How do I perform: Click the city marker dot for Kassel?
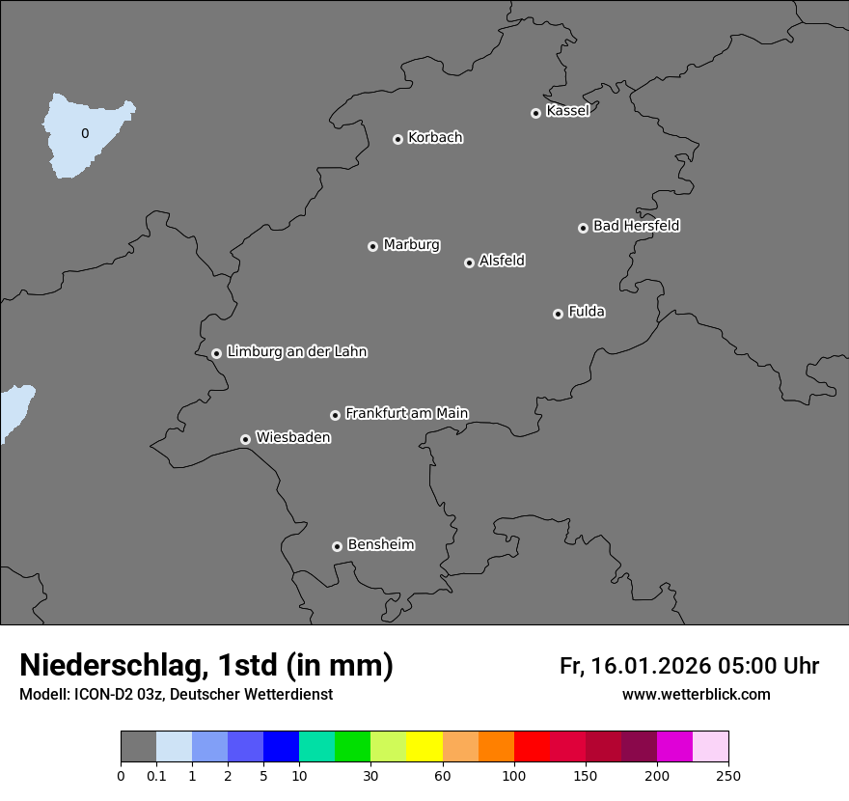[535, 114]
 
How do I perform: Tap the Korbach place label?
[435, 138]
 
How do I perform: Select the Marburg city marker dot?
[372, 246]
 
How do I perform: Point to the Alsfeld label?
[502, 261]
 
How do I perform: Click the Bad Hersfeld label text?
[636, 226]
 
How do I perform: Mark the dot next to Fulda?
[558, 314]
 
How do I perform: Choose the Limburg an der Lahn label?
[297, 351]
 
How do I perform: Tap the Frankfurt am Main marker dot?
[336, 415]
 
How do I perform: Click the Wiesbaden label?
[293, 437]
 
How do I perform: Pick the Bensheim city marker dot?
[337, 546]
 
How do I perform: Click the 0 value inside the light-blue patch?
[85, 134]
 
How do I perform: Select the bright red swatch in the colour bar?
[532, 747]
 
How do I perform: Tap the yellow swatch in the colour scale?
[424, 747]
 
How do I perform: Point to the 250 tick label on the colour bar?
[728, 775]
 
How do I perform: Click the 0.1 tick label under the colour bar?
[156, 775]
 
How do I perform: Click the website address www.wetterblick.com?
[696, 694]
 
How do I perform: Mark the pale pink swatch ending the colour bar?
[710, 747]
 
